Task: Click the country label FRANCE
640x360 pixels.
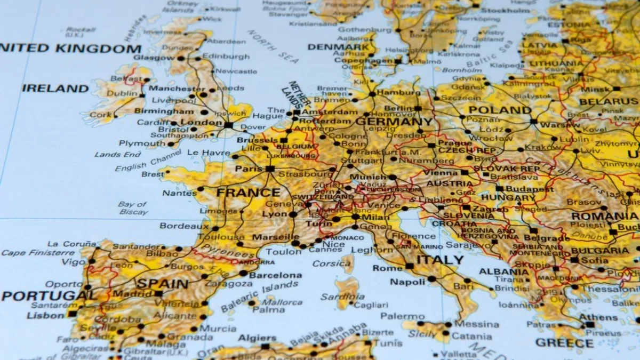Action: pos(248,193)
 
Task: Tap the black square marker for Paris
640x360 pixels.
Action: pos(270,169)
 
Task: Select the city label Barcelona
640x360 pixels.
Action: pos(275,275)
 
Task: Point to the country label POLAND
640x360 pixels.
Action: pos(500,110)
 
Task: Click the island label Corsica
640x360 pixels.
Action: pos(331,263)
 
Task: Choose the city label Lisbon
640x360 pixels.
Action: pos(45,315)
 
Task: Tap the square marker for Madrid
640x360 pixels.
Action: pos(158,293)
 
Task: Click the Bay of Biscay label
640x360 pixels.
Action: pos(132,208)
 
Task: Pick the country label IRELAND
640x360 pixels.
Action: pos(55,88)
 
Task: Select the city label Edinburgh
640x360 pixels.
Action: pos(226,57)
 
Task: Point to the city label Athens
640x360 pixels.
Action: pos(598,317)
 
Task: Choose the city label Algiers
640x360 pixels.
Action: pos(257,338)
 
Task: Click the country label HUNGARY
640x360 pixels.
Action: pos(508,197)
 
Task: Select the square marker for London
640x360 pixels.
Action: pos(228,125)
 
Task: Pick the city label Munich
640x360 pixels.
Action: pos(368,177)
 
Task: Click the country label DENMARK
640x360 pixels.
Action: pos(338,46)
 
